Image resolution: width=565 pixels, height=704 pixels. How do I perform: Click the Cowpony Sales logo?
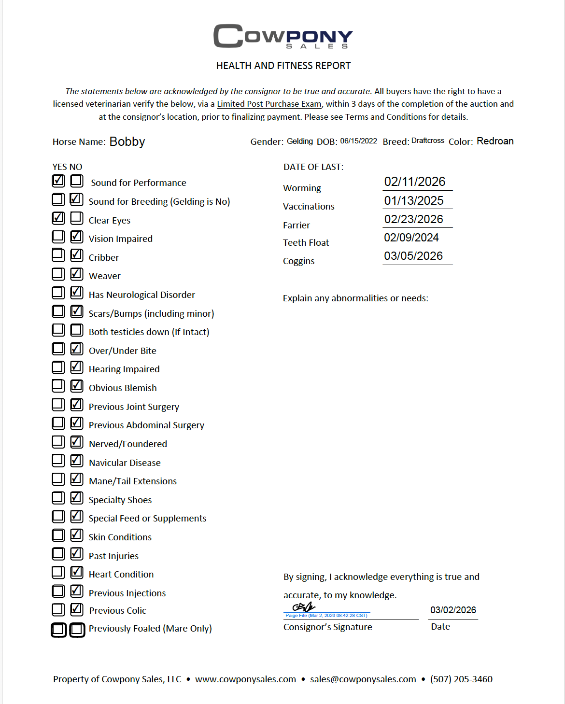click(283, 36)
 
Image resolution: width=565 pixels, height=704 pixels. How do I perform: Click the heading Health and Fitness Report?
click(283, 66)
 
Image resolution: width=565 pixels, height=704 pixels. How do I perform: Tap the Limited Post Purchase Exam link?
click(269, 104)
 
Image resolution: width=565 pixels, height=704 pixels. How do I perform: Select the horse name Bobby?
click(127, 141)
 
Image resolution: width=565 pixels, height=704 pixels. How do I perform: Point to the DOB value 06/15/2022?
click(358, 141)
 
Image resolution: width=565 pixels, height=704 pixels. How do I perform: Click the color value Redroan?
click(495, 141)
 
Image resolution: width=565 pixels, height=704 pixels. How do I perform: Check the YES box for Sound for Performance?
click(58, 181)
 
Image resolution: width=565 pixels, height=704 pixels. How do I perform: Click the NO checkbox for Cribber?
click(77, 255)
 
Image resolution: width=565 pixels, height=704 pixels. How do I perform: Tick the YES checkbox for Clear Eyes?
click(58, 218)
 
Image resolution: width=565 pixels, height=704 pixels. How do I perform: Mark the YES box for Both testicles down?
click(58, 330)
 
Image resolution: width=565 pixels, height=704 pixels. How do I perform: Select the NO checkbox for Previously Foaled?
click(77, 630)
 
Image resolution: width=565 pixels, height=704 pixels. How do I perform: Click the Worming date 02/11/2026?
click(415, 182)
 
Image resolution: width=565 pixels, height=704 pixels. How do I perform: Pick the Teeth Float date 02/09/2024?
click(411, 238)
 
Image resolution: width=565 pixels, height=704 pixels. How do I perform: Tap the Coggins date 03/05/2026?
click(413, 256)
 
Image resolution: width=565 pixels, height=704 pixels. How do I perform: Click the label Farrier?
click(297, 225)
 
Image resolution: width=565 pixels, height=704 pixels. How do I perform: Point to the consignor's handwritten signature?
click(304, 607)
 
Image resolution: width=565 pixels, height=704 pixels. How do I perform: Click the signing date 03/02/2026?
click(453, 610)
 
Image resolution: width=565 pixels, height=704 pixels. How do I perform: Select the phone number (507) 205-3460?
click(461, 679)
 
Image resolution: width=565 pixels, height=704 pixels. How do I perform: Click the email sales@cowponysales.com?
click(363, 679)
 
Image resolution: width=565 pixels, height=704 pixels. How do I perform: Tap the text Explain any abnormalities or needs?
click(355, 298)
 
